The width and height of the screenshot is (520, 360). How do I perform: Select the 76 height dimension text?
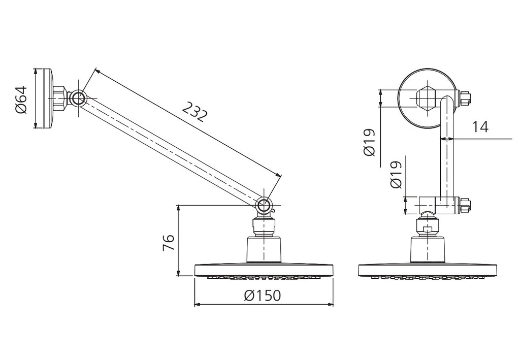[169, 243]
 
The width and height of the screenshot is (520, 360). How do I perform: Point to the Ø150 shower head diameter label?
[262, 296]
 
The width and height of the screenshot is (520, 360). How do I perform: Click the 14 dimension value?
[480, 126]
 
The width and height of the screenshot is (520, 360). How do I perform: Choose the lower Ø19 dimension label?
[396, 174]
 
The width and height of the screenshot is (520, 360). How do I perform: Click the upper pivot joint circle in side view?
[78, 99]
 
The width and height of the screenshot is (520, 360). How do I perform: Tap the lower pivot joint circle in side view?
[264, 206]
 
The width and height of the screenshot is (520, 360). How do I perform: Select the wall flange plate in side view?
[48, 99]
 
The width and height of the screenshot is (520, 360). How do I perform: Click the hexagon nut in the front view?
[426, 99]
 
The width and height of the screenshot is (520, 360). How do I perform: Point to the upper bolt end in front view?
[465, 99]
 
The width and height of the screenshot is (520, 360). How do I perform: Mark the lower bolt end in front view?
[465, 206]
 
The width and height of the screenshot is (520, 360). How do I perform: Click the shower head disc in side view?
[264, 270]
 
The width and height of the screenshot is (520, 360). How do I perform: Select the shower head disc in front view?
[428, 270]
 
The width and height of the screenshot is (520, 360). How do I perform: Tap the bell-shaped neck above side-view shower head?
[264, 249]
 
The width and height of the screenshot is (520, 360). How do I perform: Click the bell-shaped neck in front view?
[428, 249]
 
